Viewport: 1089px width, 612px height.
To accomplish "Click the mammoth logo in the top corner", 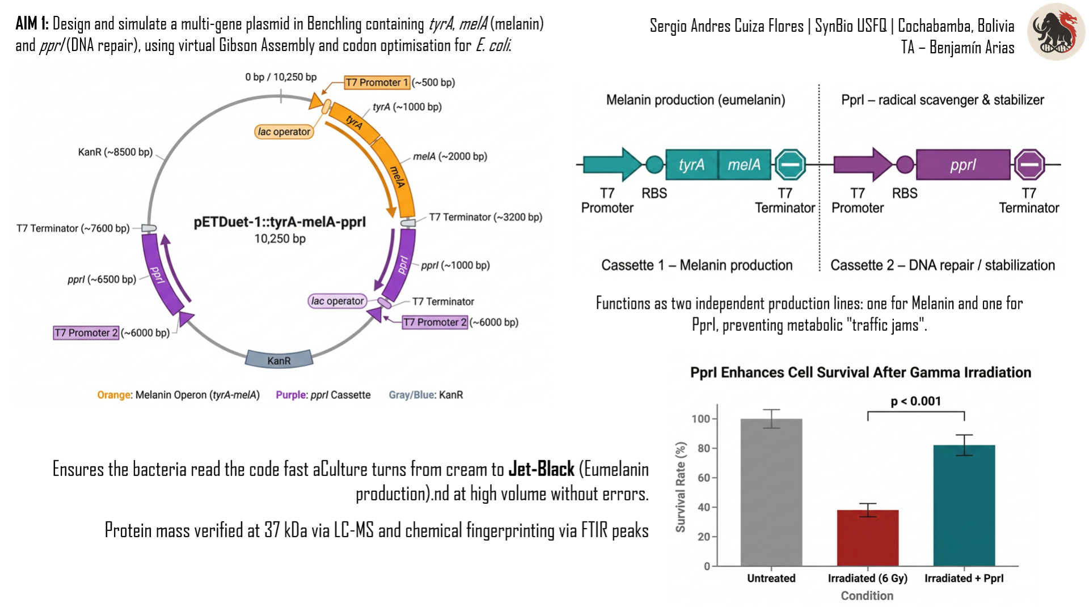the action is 1056,32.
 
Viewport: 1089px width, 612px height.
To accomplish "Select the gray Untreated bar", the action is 771,492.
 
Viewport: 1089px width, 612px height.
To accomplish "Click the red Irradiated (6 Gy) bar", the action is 868,538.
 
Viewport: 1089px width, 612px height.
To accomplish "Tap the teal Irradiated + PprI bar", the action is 964,505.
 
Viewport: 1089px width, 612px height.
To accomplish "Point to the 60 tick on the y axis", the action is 704,478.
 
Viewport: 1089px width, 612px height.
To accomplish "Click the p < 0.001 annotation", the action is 915,401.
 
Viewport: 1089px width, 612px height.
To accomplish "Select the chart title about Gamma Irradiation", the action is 860,372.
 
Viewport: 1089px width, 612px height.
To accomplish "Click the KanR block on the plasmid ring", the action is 279,359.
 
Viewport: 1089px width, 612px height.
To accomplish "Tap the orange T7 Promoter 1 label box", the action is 377,83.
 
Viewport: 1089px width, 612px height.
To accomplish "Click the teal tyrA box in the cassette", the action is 691,164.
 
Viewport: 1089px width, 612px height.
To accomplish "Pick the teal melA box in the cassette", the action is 744,164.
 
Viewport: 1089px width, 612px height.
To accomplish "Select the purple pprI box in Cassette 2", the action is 963,164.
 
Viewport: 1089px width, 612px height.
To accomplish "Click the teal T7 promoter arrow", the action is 613,164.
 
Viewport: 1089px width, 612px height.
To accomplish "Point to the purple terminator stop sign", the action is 1029,165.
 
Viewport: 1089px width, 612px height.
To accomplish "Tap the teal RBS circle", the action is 655,164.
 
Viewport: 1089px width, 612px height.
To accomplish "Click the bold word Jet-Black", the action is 542,469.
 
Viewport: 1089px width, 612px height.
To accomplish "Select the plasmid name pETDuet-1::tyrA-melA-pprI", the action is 280,222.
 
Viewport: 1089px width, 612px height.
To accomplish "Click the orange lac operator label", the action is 284,131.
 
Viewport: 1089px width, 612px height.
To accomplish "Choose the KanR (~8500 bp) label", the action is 115,152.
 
